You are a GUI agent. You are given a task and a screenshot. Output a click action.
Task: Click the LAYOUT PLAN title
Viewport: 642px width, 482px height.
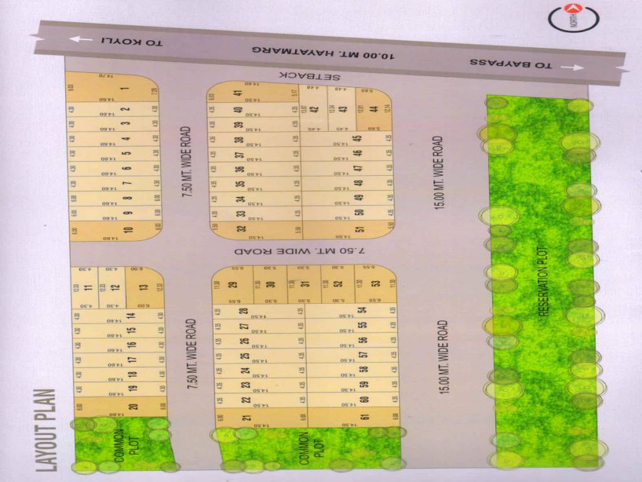coord(47,430)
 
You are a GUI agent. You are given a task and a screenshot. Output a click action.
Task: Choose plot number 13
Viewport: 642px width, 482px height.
coord(144,287)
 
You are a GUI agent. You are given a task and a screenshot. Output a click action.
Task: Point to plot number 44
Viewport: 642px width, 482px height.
coord(374,109)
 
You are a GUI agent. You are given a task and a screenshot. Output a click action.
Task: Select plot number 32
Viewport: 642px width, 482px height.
coord(241,229)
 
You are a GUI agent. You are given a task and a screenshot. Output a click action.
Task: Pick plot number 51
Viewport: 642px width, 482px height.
coord(359,229)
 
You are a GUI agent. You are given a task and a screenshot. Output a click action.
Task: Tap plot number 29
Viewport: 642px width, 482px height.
coord(233,284)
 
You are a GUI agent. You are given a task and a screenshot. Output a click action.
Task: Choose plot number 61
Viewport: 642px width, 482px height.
coord(364,417)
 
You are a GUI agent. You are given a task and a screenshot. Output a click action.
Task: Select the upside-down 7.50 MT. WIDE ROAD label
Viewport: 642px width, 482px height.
coord(299,250)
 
